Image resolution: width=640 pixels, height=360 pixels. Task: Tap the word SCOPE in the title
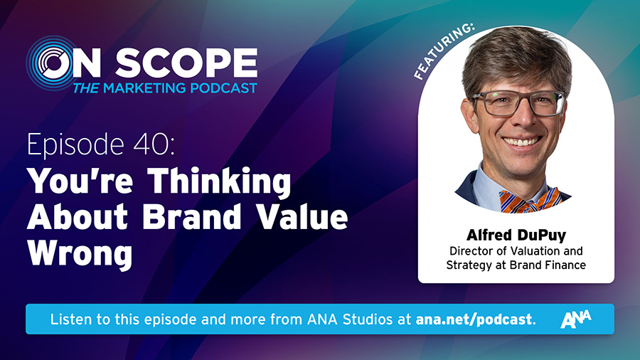186,63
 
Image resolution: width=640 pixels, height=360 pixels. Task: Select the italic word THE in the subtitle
86,88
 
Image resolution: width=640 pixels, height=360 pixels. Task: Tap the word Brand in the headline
192,216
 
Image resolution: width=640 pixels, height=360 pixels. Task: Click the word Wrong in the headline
80,253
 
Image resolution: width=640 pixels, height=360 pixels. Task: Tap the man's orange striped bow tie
529,200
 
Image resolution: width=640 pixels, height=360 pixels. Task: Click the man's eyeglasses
519,103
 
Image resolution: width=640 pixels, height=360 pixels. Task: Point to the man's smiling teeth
522,142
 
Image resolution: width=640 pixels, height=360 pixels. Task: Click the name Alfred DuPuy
516,235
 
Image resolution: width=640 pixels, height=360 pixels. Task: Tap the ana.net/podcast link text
474,319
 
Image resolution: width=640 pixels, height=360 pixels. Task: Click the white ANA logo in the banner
576,319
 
